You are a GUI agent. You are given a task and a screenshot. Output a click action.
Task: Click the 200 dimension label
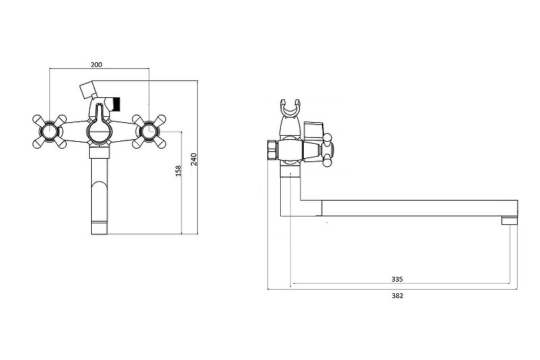point(97,64)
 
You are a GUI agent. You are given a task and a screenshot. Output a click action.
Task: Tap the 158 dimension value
point(178,171)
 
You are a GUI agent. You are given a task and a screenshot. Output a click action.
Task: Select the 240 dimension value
point(194,159)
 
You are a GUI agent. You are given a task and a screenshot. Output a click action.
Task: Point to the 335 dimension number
point(397,279)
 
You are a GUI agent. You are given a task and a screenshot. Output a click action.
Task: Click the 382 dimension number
point(397,295)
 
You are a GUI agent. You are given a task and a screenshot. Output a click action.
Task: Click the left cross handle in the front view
point(49,132)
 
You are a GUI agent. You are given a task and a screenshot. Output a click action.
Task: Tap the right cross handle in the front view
point(149,132)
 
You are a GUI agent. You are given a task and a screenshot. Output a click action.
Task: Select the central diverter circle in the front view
point(99,132)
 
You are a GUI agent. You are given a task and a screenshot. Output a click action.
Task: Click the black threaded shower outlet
point(117,104)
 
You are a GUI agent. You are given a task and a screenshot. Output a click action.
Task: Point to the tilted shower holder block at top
point(88,91)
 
